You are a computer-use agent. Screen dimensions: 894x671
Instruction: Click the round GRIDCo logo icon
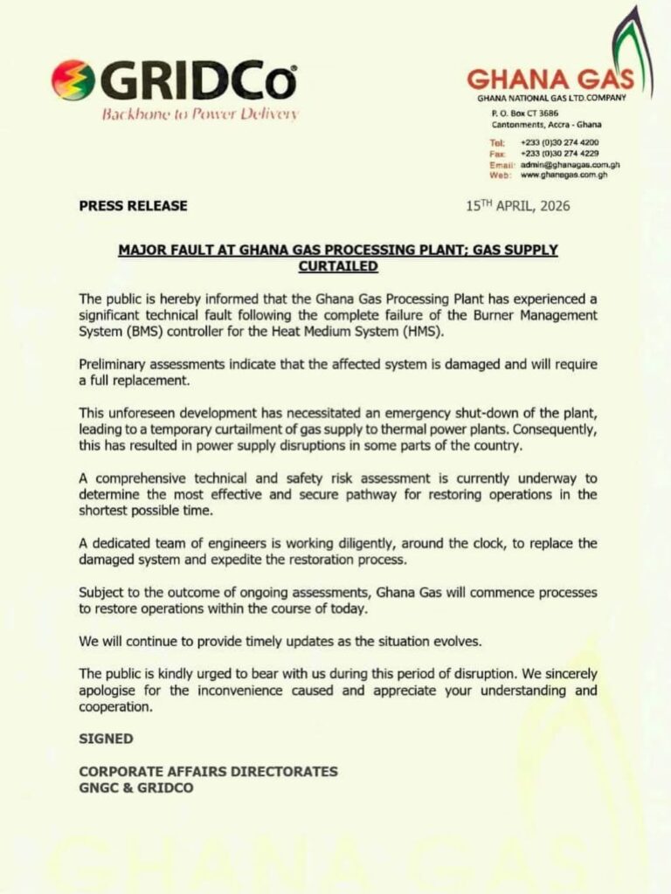click(x=73, y=80)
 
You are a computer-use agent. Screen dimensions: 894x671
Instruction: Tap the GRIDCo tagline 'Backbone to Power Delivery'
click(x=200, y=113)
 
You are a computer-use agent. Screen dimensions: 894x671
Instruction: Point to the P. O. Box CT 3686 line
click(x=525, y=113)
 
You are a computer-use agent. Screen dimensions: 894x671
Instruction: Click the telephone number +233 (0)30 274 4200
click(x=559, y=142)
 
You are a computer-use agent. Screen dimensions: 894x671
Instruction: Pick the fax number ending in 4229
click(x=559, y=153)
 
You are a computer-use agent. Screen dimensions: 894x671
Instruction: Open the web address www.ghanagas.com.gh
click(x=564, y=175)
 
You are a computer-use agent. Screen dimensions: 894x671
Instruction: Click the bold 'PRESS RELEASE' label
click(x=133, y=207)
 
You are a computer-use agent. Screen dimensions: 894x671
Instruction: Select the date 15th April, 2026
click(x=517, y=207)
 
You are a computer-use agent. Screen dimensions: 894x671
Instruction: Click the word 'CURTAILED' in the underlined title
click(x=337, y=265)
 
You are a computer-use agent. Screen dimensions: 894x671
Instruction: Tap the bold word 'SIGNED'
click(x=106, y=739)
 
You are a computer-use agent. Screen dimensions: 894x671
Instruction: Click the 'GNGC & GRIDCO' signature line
click(x=136, y=787)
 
